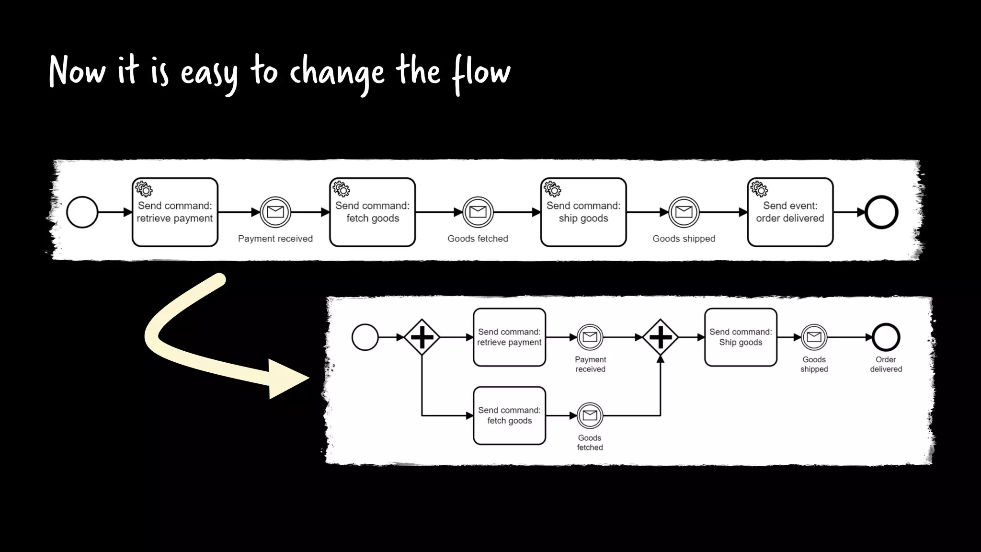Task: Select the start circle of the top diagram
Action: coord(82,212)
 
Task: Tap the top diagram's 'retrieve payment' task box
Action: coord(175,212)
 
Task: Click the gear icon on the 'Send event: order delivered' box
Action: coord(759,189)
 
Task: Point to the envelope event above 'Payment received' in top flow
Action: coord(275,212)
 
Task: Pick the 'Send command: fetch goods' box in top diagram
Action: coord(372,212)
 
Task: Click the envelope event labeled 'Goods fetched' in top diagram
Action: coord(478,212)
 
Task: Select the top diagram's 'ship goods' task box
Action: coord(583,212)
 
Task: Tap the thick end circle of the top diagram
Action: coord(881,212)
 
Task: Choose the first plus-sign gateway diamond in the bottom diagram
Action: coord(422,337)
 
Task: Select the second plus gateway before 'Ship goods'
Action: coord(660,337)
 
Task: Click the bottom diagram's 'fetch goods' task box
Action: coord(509,415)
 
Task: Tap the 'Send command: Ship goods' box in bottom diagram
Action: coord(741,337)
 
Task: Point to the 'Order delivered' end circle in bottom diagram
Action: coord(886,337)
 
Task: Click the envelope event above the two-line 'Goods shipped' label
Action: coord(814,337)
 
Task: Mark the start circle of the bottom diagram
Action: coord(365,337)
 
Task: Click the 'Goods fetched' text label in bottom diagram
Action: coord(590,442)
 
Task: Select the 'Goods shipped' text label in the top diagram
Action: coord(684,239)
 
